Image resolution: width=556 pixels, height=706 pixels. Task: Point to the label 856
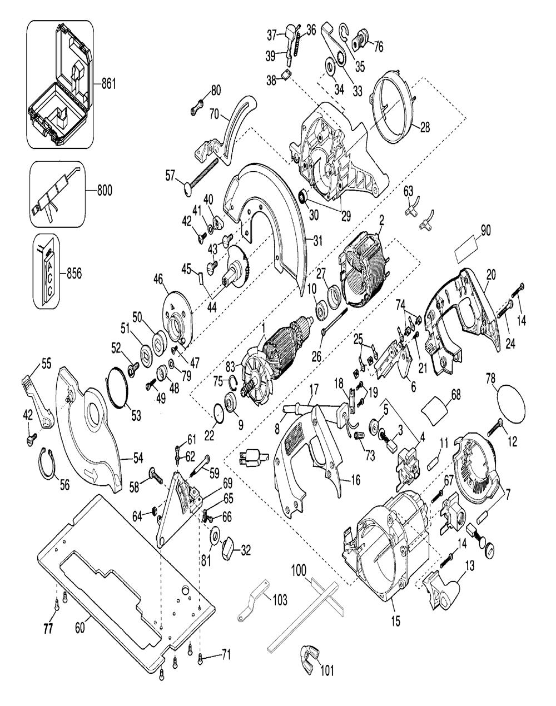tap(74, 273)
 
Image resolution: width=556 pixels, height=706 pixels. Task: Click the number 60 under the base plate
tap(81, 628)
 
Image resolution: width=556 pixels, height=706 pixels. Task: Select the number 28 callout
tap(425, 127)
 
